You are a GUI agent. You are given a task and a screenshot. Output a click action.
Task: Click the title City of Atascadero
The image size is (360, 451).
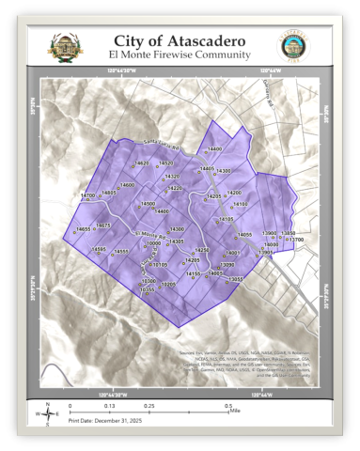point(181,40)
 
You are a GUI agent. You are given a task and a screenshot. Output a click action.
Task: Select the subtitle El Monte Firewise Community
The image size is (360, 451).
point(181,54)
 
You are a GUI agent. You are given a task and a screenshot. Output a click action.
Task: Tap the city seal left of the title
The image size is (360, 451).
point(66,46)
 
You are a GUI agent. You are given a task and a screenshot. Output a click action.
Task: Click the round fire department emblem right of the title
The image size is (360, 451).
point(293,46)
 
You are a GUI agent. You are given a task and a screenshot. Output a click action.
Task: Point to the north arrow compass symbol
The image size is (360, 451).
point(46,413)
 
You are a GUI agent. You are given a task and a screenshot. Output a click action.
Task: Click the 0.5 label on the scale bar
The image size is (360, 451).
point(227,406)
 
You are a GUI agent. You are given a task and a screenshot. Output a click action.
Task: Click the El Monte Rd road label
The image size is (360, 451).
point(150,234)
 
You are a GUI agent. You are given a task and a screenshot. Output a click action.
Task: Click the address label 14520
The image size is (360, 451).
point(165,163)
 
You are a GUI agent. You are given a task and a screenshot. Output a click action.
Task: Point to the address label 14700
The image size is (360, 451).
point(87,195)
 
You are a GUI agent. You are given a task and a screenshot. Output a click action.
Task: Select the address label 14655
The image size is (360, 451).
point(83,229)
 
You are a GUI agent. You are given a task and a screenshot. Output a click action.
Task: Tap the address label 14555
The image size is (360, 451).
point(120,252)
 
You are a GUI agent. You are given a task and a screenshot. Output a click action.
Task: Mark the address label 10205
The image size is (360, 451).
point(168,284)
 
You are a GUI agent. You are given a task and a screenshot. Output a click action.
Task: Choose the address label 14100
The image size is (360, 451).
point(241,204)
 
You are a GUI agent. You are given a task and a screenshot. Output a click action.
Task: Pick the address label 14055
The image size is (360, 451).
point(244,235)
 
